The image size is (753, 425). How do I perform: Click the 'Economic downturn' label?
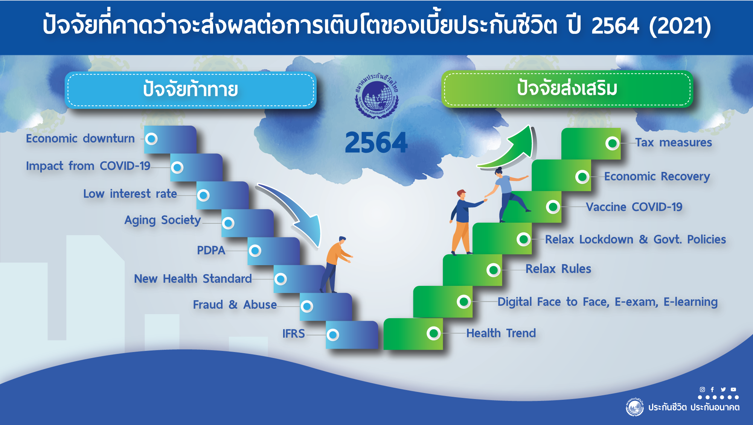80,138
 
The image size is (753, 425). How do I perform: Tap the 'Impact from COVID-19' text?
88,166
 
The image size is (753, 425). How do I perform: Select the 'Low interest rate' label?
130,194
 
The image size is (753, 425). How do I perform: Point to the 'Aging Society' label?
163,220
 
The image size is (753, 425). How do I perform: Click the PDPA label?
211,250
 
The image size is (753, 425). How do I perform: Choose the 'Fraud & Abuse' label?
235,305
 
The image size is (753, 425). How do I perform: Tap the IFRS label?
294,334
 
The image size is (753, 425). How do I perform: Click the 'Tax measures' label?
674,143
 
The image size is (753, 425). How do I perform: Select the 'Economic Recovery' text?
657,176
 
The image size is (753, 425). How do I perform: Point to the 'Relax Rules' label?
558,269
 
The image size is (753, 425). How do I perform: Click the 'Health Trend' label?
501,333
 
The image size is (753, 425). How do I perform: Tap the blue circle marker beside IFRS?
333,335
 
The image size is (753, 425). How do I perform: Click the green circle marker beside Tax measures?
613,143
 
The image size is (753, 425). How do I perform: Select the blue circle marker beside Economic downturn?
151,139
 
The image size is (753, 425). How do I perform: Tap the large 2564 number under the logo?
376,143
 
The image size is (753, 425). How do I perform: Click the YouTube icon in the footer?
733,390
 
